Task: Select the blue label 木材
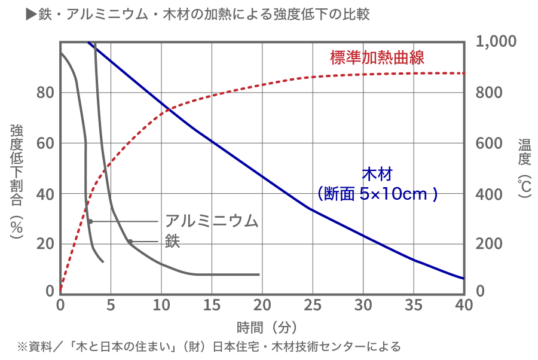pos(377,175)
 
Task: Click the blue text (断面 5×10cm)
pos(377,194)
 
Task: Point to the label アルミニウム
pos(212,221)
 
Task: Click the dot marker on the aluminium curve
pos(90,221)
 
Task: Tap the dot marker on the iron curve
pos(130,242)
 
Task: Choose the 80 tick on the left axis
pos(47,93)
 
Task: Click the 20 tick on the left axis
pos(47,244)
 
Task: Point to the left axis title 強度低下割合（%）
pos(16,179)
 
